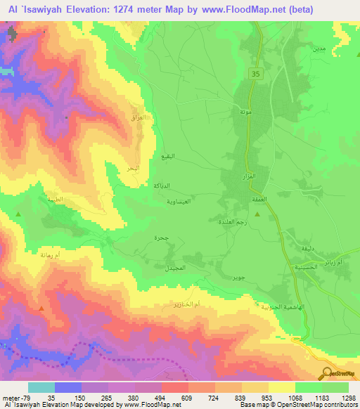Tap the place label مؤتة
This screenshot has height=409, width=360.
click(246, 112)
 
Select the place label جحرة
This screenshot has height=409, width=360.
click(161, 238)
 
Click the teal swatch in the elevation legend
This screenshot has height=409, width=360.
click(41, 387)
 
